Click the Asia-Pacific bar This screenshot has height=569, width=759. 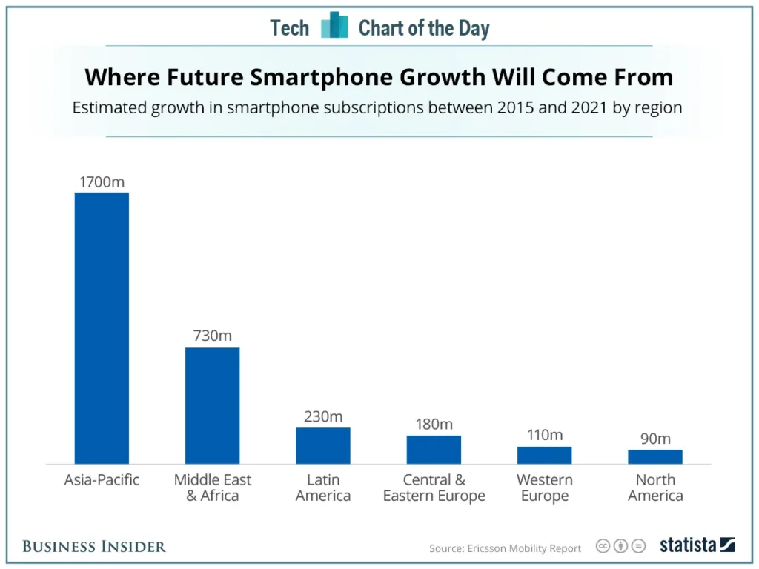coord(102,328)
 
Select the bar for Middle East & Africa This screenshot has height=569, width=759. coord(213,405)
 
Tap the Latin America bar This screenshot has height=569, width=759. coord(323,445)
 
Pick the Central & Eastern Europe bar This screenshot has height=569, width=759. coord(434,450)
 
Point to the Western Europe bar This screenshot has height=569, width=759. coord(545,456)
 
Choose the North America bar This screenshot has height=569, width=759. coord(655,456)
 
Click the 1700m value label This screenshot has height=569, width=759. coord(102,182)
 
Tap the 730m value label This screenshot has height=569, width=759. coord(213,336)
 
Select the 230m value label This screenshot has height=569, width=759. coord(323,416)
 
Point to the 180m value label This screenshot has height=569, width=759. coord(434,424)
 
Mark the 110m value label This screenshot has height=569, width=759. coord(545,434)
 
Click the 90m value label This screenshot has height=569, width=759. coord(655,439)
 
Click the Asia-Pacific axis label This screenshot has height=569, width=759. coord(102,479)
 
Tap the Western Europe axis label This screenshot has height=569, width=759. coord(545,488)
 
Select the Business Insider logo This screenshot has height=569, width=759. coord(94,546)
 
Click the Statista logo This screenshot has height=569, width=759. coord(697,545)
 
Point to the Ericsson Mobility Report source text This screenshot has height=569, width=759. coord(505,548)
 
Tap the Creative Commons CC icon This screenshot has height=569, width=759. coord(603,546)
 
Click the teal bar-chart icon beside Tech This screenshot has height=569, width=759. coord(334,25)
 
